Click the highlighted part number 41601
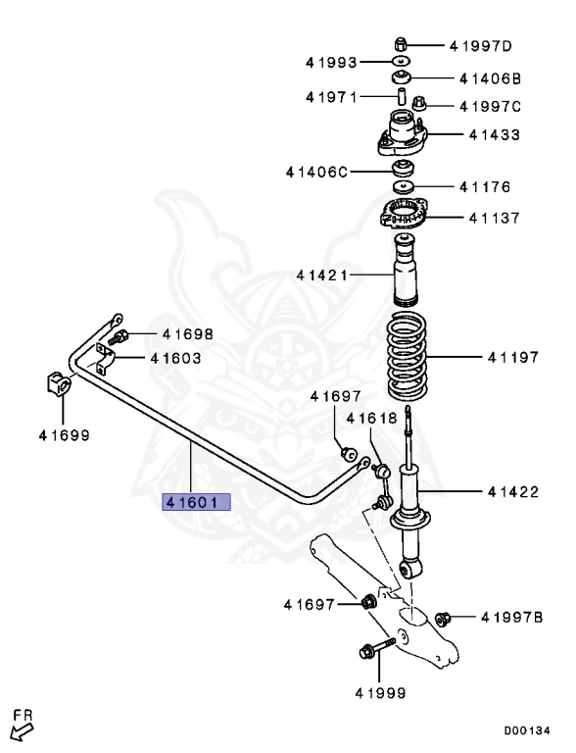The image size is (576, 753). (196, 502)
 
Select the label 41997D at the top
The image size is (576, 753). (480, 45)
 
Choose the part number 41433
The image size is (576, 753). (496, 134)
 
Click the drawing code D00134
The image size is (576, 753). (527, 730)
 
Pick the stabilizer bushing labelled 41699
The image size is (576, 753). (58, 385)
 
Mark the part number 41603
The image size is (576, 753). (175, 358)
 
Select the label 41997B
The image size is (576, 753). (511, 617)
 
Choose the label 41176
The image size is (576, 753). (496, 185)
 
